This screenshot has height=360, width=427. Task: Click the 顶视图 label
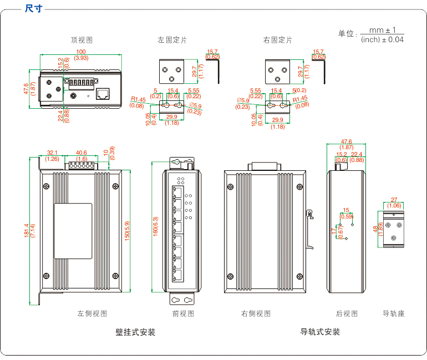[x=81, y=40]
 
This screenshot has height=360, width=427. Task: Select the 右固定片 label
[x=277, y=40]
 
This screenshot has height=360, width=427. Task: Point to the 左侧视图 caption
[x=92, y=313]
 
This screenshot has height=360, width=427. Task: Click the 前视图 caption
[x=183, y=313]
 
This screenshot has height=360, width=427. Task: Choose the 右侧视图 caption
[x=256, y=313]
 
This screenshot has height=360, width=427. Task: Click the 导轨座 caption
[x=393, y=313]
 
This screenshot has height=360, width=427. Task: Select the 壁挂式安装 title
[x=135, y=332]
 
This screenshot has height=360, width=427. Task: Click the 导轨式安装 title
[x=320, y=332]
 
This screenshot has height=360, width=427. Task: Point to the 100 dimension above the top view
[x=81, y=52]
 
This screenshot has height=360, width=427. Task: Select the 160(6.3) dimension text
[x=156, y=227]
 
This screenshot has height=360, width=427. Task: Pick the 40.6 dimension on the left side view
[x=82, y=153]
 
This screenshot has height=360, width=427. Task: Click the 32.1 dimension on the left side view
[x=52, y=153]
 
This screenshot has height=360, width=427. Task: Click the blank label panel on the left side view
[x=73, y=231]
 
